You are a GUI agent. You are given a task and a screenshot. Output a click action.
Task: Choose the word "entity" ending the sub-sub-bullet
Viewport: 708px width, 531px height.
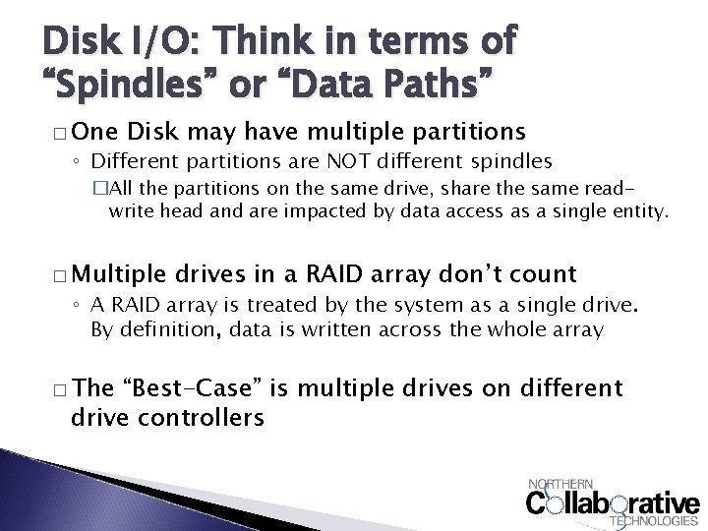639,210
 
